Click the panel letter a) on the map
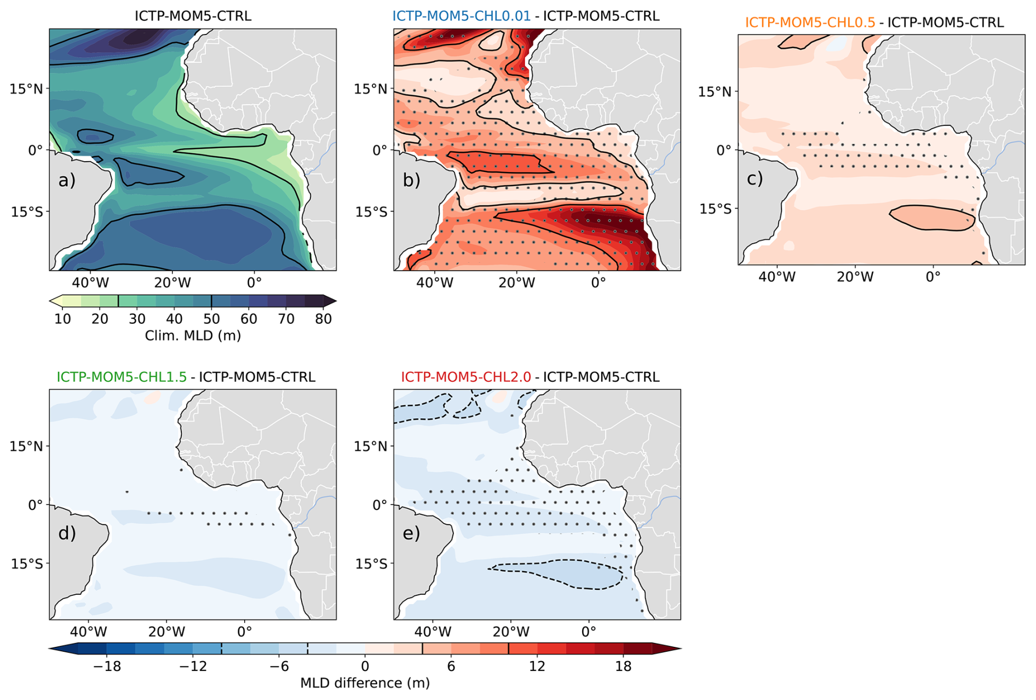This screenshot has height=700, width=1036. pyautogui.click(x=67, y=180)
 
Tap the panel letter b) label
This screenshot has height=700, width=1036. pyautogui.click(x=412, y=180)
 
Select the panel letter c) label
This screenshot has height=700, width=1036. pyautogui.click(x=755, y=179)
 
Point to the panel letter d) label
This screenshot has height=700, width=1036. pyautogui.click(x=67, y=533)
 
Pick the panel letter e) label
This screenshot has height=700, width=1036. pyautogui.click(x=412, y=533)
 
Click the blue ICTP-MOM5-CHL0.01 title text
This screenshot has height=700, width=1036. pyautogui.click(x=462, y=16)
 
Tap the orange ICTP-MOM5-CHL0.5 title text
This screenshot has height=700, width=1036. pyautogui.click(x=810, y=22)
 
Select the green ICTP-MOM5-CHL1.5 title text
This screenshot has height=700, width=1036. pyautogui.click(x=122, y=377)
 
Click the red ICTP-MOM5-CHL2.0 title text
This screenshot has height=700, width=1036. pyautogui.click(x=466, y=377)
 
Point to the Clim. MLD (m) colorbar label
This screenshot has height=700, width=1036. pyautogui.click(x=193, y=335)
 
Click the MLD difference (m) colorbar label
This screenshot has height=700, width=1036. pyautogui.click(x=365, y=683)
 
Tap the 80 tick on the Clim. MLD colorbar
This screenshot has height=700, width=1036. pyautogui.click(x=324, y=319)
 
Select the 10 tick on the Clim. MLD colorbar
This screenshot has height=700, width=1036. pyautogui.click(x=63, y=319)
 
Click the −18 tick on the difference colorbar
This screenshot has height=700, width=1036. pyautogui.click(x=107, y=666)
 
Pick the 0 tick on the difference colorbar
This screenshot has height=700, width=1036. pyautogui.click(x=365, y=666)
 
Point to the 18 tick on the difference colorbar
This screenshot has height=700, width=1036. pyautogui.click(x=623, y=666)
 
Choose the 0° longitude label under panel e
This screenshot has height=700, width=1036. pyautogui.click(x=589, y=632)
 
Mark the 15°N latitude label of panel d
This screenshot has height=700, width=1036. pyautogui.click(x=26, y=446)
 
